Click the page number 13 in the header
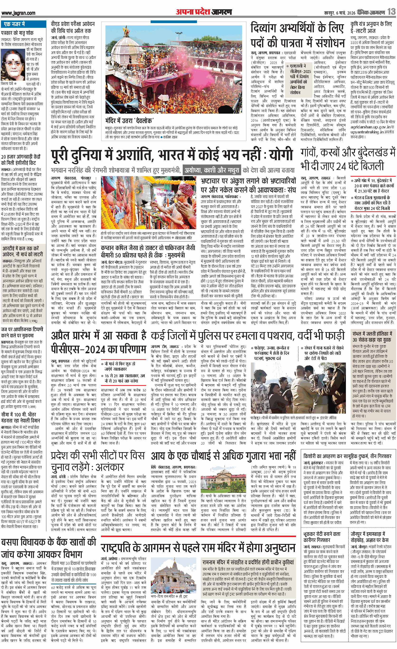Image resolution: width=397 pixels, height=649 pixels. tap(391, 12)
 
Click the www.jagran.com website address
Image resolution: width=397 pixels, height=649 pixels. tap(19, 13)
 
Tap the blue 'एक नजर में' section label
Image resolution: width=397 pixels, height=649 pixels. tap(14, 24)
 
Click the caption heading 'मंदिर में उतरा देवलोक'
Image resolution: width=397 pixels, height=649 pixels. tap(129, 121)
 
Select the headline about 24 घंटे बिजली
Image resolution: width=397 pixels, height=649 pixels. tap(348, 160)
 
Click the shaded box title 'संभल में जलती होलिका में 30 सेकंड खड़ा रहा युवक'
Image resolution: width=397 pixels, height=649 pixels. tap(372, 337)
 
